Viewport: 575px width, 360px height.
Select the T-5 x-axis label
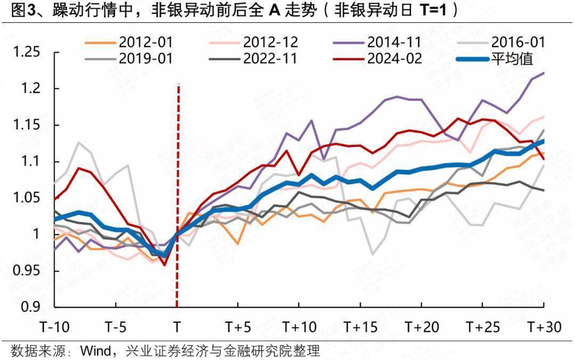tap(116, 326)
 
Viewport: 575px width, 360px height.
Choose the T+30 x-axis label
tap(544, 326)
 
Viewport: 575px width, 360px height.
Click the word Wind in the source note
tap(95, 351)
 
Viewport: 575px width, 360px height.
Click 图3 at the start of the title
tap(22, 12)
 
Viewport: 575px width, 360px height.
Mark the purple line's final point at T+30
tap(544, 73)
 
